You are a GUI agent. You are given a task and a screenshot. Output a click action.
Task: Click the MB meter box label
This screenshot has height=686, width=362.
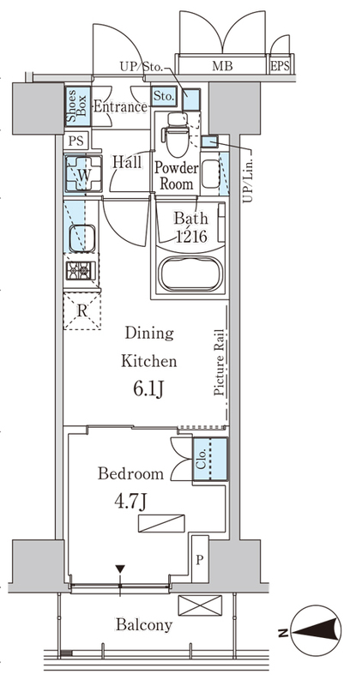(x=222, y=66)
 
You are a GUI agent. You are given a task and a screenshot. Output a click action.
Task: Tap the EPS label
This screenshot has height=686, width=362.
(x=281, y=66)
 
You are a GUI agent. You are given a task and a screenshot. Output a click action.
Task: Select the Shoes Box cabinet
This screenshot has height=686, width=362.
(x=77, y=106)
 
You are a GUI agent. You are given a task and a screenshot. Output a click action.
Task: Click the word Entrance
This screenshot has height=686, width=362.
(x=120, y=107)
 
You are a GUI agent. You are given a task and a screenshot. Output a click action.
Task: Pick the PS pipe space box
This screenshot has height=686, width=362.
(x=76, y=141)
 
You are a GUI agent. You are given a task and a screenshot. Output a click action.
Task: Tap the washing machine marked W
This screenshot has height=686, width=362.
(x=83, y=174)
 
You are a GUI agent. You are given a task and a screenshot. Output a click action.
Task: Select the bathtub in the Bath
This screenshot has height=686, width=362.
(x=189, y=274)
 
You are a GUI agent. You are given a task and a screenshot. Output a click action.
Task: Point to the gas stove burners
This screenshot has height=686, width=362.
(x=81, y=270)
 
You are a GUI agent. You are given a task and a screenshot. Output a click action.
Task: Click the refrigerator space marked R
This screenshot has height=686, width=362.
(x=81, y=311)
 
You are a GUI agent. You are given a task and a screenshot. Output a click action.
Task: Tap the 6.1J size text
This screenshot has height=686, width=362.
(x=148, y=388)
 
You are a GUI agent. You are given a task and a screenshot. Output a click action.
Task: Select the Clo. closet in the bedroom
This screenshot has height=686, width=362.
(x=210, y=459)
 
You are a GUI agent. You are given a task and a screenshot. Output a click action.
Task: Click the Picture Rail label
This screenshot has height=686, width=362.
(x=220, y=362)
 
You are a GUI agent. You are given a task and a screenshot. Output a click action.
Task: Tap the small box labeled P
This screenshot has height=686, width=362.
(x=200, y=559)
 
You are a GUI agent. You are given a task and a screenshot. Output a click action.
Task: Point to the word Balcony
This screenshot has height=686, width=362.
(x=144, y=625)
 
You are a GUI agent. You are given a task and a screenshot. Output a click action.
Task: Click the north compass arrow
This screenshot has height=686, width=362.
(x=316, y=632)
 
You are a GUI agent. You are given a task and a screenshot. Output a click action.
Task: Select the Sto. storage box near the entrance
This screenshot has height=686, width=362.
(x=164, y=96)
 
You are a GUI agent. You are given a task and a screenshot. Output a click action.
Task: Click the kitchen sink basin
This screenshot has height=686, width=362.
(x=81, y=238)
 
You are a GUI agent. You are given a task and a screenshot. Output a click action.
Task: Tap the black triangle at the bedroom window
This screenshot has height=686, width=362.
(x=120, y=569)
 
